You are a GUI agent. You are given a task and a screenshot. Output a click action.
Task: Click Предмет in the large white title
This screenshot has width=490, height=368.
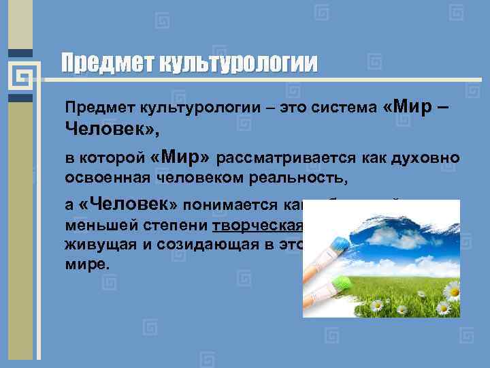[108, 63]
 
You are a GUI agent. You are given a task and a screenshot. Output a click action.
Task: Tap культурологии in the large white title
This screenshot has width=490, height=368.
[238, 63]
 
